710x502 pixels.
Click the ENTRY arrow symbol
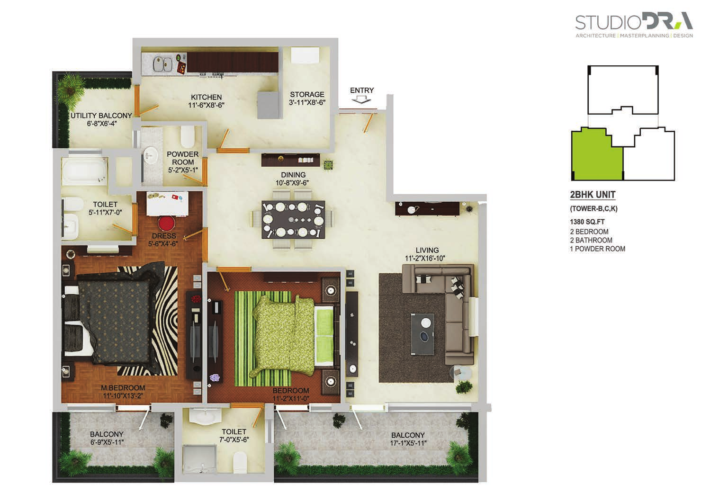[x=361, y=100]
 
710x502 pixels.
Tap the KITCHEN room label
[x=207, y=97]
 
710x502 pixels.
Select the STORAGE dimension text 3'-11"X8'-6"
[x=307, y=102]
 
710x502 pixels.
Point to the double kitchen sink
[x=162, y=64]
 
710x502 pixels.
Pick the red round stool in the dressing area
[x=167, y=224]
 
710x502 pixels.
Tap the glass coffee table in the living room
[x=422, y=334]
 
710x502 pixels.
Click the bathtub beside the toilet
[x=85, y=171]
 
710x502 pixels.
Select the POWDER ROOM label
[x=183, y=158]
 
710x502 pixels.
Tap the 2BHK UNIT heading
[x=593, y=195]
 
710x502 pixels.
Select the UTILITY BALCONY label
[x=101, y=116]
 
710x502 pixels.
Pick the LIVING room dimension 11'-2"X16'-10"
[x=425, y=259]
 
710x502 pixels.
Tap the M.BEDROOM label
[x=123, y=387]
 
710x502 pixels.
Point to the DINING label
[x=293, y=175]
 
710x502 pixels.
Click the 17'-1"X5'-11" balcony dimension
[x=408, y=443]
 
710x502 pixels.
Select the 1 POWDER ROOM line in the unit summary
[x=597, y=249]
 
